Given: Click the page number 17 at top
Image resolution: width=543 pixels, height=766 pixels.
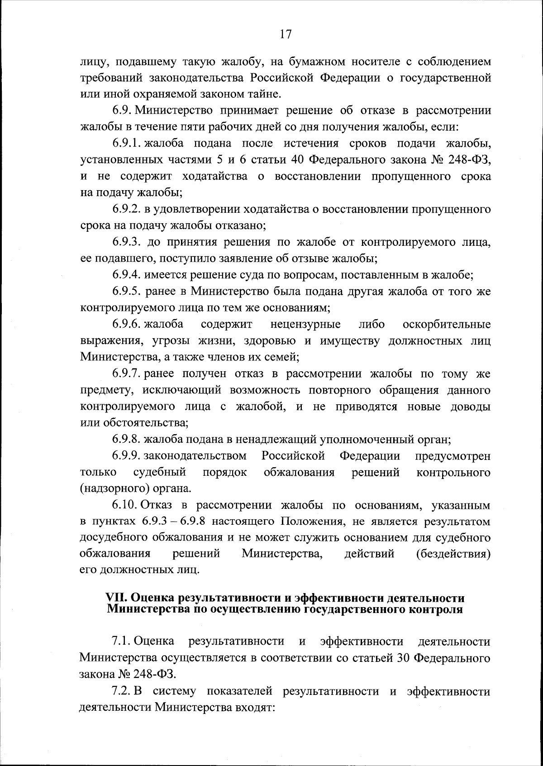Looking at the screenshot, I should (x=286, y=34).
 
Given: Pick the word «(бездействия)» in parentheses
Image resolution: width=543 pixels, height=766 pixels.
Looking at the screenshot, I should (x=453, y=554).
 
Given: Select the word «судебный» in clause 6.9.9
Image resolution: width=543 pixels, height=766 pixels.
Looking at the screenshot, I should (x=160, y=473).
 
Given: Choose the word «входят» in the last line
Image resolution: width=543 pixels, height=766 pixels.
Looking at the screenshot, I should (x=252, y=708).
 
